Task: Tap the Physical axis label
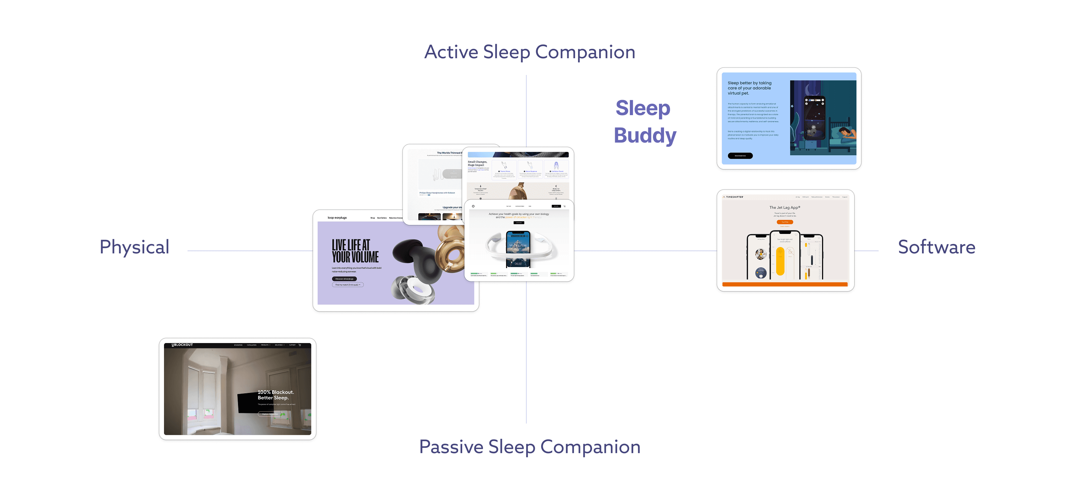pos(134,247)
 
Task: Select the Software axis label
pos(936,247)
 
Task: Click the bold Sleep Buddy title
pos(644,122)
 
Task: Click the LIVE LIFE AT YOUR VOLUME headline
pos(355,251)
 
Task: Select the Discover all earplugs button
pos(344,279)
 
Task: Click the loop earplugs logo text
pos(337,218)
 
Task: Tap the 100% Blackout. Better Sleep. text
pos(275,395)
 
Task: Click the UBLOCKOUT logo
pos(182,345)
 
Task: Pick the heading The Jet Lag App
pos(785,207)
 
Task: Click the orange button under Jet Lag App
pos(785,222)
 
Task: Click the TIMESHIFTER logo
pos(734,197)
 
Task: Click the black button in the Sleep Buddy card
pos(740,156)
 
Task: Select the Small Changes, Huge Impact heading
pos(477,163)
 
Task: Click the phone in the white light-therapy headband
pos(518,249)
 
